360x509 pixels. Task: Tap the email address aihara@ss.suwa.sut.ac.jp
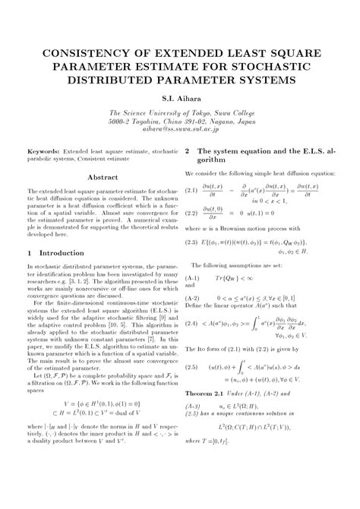pos(180,130)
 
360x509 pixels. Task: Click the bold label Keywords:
pos(44,152)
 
